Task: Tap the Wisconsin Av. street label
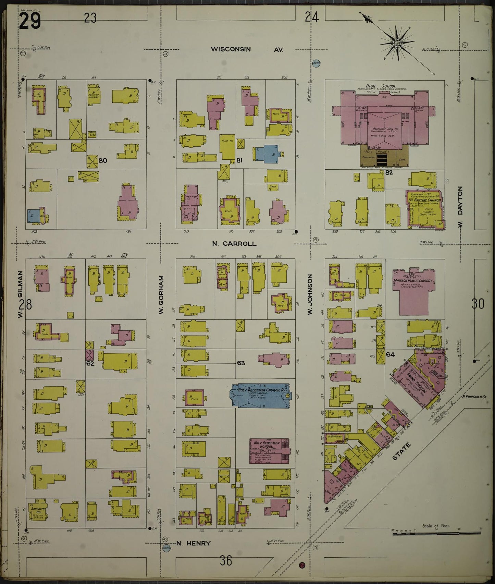(247, 49)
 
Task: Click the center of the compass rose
(397, 43)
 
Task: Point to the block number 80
(103, 160)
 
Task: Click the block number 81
(239, 160)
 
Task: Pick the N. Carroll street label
(234, 244)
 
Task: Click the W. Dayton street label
(460, 208)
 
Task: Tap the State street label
(401, 451)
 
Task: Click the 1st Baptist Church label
(424, 199)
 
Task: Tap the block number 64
(390, 354)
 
